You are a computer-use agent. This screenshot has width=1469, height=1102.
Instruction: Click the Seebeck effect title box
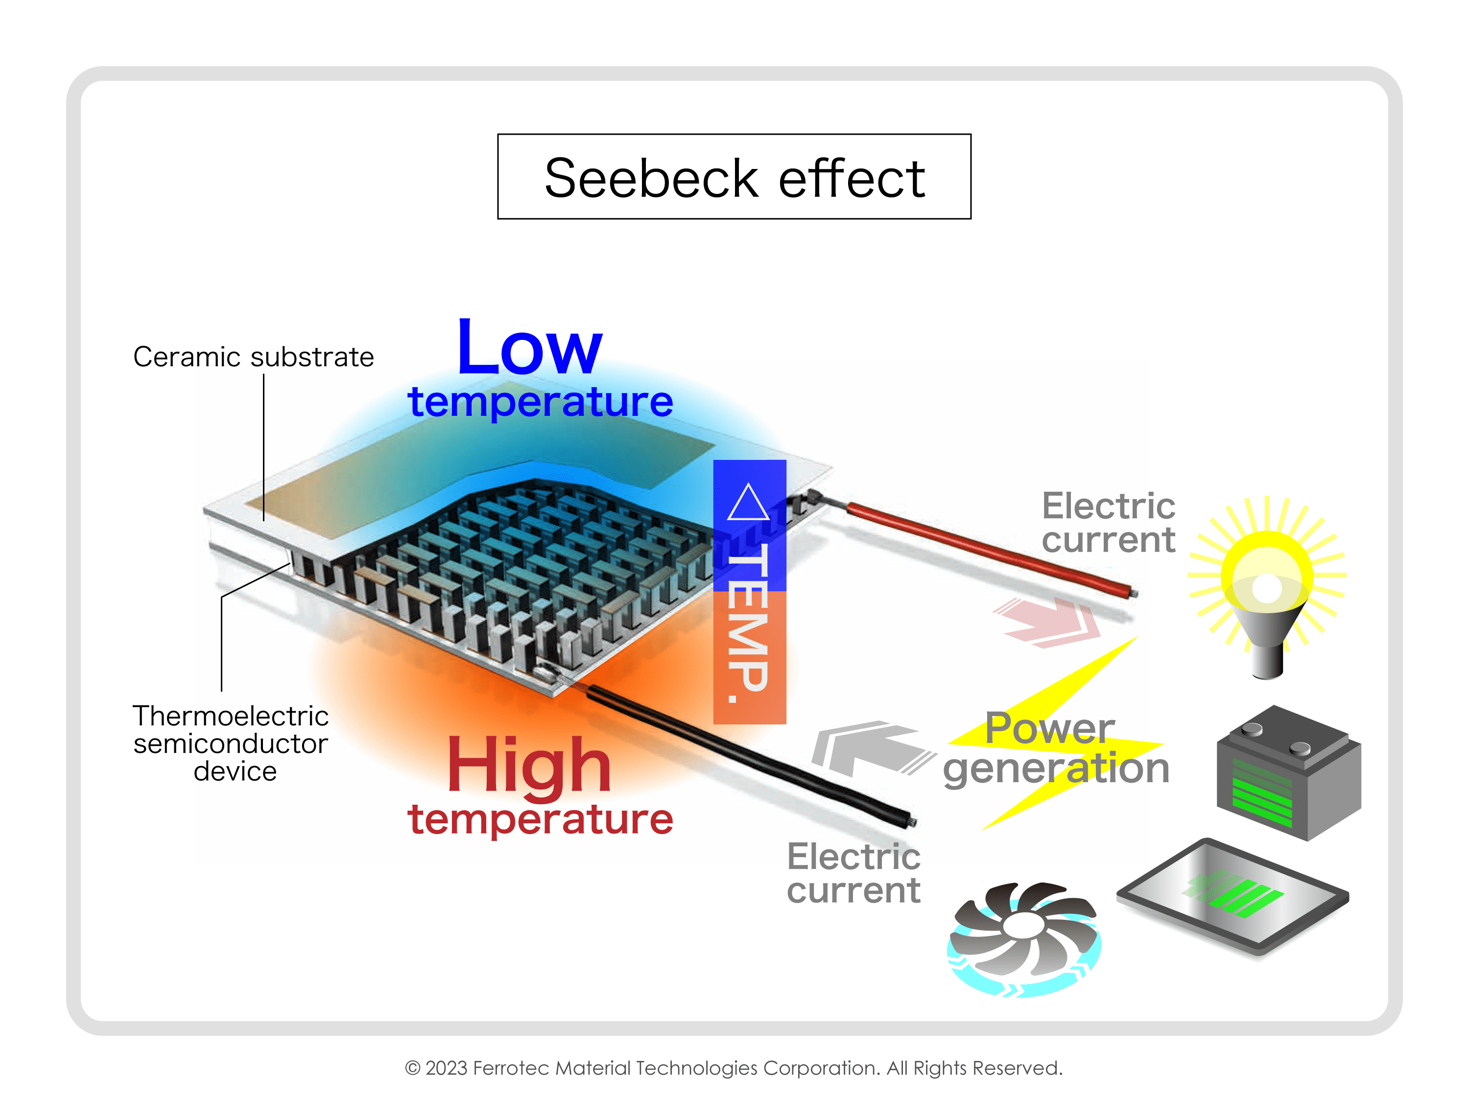pos(734,177)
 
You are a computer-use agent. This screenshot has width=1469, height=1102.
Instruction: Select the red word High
pos(529,765)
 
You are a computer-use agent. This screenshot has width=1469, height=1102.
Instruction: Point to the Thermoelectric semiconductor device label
pos(231,743)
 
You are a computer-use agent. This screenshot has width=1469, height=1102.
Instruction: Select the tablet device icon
pos(1232,897)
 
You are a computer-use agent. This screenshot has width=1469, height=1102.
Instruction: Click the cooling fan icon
pos(1023,937)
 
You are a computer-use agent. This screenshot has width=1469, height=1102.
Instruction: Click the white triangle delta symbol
pos(748,503)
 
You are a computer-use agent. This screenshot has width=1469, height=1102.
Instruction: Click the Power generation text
pos(1055,748)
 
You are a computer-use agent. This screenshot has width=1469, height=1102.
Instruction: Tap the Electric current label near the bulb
pos(1108,523)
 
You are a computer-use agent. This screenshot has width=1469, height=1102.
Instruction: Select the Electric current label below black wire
pos(853,873)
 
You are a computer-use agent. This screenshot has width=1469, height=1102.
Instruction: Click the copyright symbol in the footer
pos(412,1068)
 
